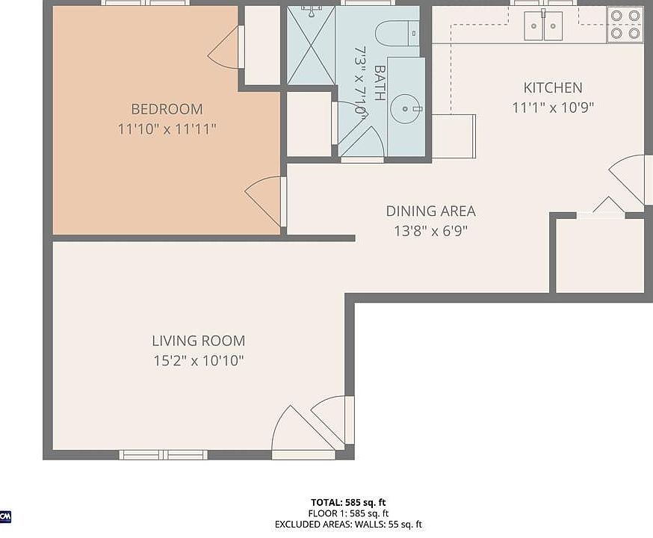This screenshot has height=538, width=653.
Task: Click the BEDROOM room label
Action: click(x=167, y=109)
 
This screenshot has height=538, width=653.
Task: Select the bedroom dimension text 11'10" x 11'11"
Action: click(x=167, y=129)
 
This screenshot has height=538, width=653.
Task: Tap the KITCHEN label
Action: click(x=552, y=88)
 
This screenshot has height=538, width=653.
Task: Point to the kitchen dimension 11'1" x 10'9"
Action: click(x=552, y=108)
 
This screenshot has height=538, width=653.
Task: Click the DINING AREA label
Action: click(x=430, y=211)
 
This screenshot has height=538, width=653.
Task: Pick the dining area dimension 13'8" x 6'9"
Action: click(x=430, y=231)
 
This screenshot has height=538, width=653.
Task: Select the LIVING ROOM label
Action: click(x=198, y=341)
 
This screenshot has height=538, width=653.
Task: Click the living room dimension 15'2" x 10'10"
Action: click(x=198, y=361)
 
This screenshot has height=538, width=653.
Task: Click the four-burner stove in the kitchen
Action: click(x=624, y=24)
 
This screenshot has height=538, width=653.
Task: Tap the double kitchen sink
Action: click(x=543, y=27)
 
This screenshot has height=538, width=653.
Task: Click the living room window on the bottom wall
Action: click(x=164, y=454)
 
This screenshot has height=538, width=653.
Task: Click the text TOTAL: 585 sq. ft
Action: click(x=348, y=502)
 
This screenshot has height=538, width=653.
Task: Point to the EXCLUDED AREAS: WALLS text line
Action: click(x=348, y=525)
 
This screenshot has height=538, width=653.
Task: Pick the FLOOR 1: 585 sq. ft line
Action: click(x=348, y=513)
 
